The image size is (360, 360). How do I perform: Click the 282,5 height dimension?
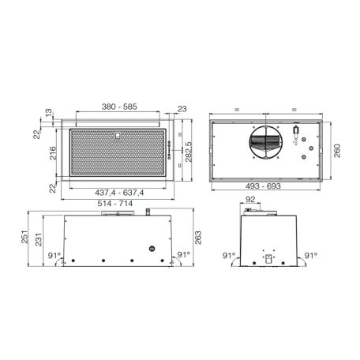click(x=188, y=156)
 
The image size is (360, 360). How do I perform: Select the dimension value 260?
click(x=337, y=151)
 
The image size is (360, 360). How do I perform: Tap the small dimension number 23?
click(x=182, y=110)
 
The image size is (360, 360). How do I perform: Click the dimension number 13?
click(x=51, y=113)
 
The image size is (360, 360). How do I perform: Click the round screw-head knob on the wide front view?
click(x=150, y=249)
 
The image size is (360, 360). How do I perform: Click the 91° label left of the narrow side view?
click(x=228, y=255)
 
